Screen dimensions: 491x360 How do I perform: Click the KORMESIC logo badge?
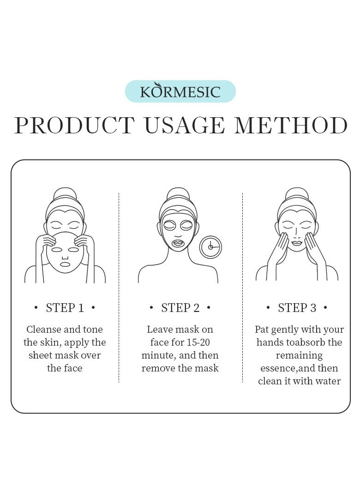coord(180,91)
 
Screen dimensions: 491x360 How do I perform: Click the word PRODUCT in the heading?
coord(74,126)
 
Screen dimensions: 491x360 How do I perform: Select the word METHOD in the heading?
coord(291,126)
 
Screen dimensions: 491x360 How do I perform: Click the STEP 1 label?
coord(65,308)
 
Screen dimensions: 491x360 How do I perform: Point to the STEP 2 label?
coord(180,308)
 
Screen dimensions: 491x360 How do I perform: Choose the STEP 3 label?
coord(297,308)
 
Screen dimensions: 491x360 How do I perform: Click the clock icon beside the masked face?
coord(210,247)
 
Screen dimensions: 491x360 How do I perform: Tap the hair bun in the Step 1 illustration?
coord(65,193)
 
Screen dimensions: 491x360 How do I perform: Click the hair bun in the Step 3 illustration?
coord(297,193)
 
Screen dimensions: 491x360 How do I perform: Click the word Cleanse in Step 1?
coord(43,329)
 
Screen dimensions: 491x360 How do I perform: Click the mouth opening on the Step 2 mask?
coord(178,243)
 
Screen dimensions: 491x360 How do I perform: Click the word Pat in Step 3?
coord(262,329)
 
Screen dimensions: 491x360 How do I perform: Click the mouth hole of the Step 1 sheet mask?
coord(65,264)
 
